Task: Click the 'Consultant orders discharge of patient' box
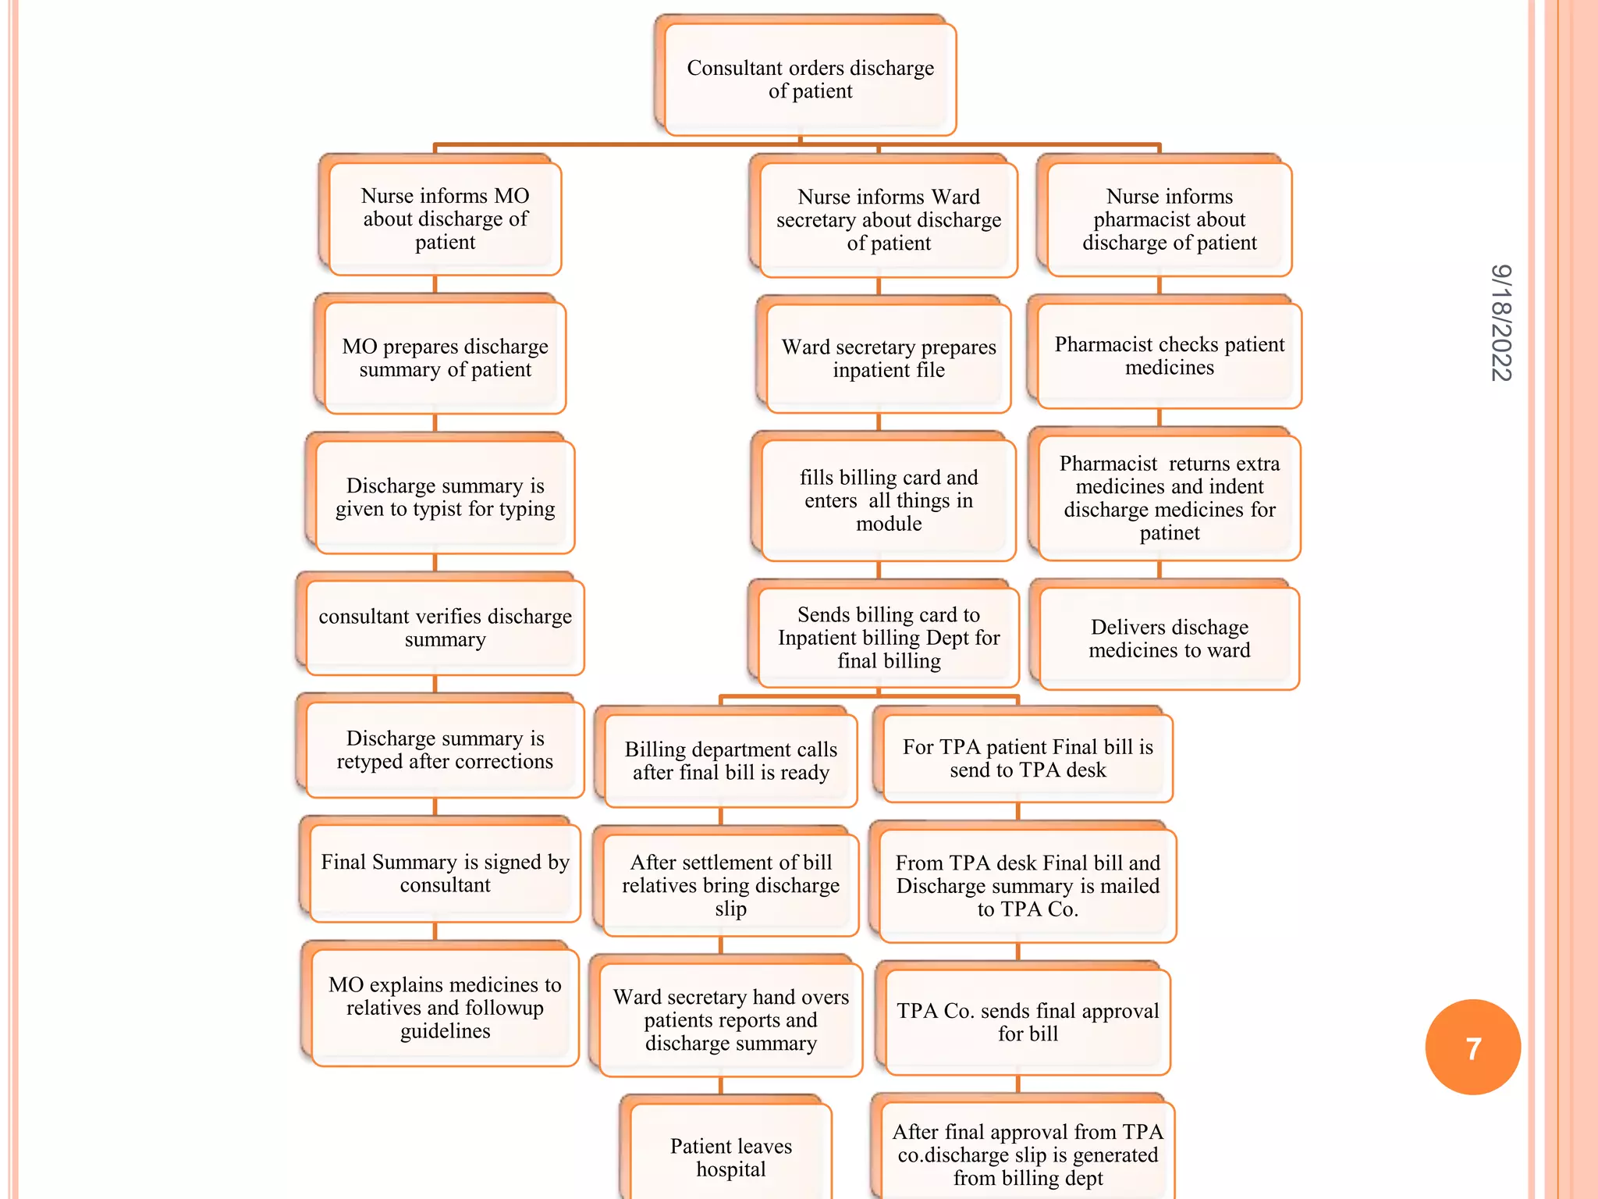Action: [810, 79]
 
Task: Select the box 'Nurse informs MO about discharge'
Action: [445, 219]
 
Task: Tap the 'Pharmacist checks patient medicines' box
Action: [1169, 356]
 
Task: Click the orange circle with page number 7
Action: [1472, 1047]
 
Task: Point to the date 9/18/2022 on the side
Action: [1500, 322]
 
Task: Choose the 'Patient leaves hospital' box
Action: [730, 1157]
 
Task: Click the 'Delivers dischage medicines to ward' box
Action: [1169, 639]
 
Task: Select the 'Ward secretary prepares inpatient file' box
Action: [888, 358]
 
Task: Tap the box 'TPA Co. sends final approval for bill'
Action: [1027, 1022]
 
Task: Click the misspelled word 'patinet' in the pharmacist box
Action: [1169, 533]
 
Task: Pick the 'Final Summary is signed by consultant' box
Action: [445, 873]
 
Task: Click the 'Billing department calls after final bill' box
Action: [730, 760]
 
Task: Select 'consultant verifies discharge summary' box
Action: [445, 628]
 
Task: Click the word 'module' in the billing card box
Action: [888, 524]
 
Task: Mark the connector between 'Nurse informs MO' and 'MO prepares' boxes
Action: [435, 285]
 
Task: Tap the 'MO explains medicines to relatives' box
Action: [445, 1008]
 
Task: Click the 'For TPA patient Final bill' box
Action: [1027, 758]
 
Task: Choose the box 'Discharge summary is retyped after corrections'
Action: [445, 749]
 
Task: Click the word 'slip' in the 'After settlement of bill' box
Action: [730, 909]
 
